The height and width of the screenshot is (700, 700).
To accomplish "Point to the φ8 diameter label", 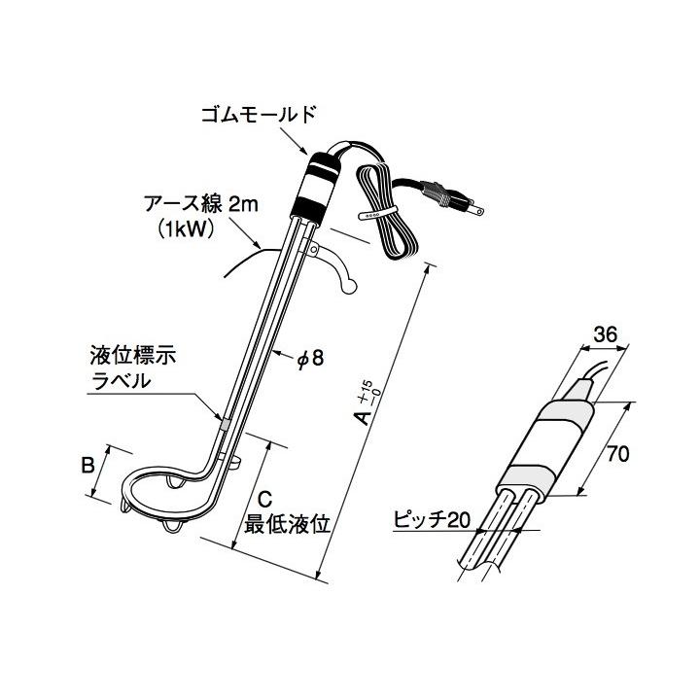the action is coord(309,359).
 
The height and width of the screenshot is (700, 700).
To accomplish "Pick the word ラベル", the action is coord(121,380).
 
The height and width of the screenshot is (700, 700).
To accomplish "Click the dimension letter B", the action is coord(87,465).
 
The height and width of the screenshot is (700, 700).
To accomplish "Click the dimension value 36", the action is coord(605,334).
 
